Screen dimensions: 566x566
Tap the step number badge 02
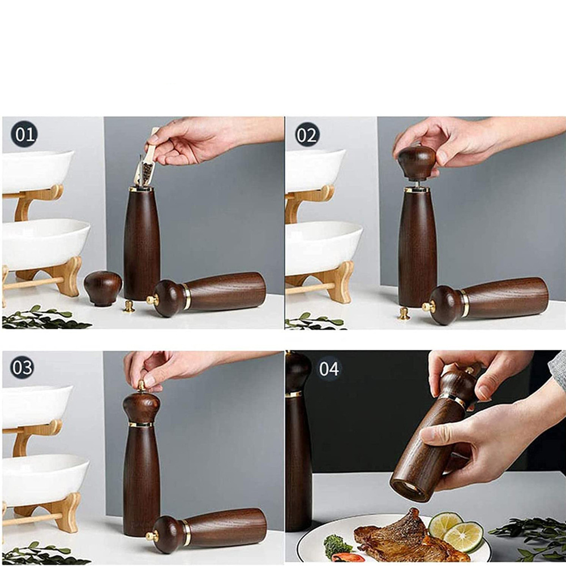[x=307, y=135]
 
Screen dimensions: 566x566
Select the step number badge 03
[x=22, y=367]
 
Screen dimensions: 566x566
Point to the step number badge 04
[x=329, y=369]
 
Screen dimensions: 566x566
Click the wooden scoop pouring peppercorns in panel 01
[x=147, y=161]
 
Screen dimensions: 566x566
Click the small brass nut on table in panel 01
[x=130, y=306]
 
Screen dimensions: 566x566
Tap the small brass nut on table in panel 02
[x=404, y=314]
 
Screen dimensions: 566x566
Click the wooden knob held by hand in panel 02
[x=417, y=161]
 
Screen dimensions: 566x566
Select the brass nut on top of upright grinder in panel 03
[x=141, y=386]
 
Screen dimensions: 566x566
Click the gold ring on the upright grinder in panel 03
[x=141, y=424]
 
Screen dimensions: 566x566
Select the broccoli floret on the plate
[x=337, y=546]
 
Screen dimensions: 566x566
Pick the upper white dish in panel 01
[x=37, y=170]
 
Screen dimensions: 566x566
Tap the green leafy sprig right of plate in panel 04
[x=529, y=535]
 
